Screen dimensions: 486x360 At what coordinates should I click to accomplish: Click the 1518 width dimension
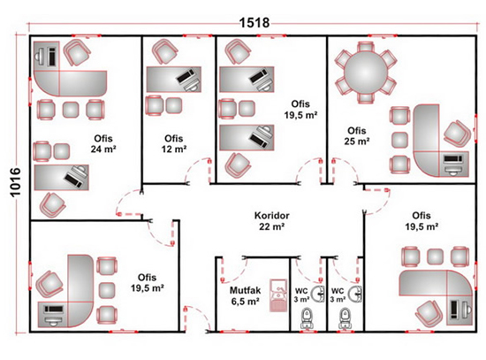pyautogui.click(x=254, y=23)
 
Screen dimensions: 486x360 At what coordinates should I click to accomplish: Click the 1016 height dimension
pyautogui.click(x=15, y=182)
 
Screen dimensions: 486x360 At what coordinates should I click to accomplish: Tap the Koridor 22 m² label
pyautogui.click(x=272, y=221)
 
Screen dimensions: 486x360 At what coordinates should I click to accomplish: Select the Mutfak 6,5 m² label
pyautogui.click(x=245, y=295)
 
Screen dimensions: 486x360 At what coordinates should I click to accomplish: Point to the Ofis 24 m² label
pyautogui.click(x=103, y=143)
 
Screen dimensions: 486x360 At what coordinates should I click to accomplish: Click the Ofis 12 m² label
pyautogui.click(x=173, y=143)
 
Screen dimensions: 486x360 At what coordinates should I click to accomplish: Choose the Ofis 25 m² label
pyautogui.click(x=356, y=135)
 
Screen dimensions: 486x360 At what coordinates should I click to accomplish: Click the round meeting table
pyautogui.click(x=366, y=72)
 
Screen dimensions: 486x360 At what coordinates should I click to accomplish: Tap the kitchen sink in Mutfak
pyautogui.click(x=278, y=295)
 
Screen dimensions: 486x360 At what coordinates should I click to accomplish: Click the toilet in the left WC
pyautogui.click(x=307, y=318)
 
